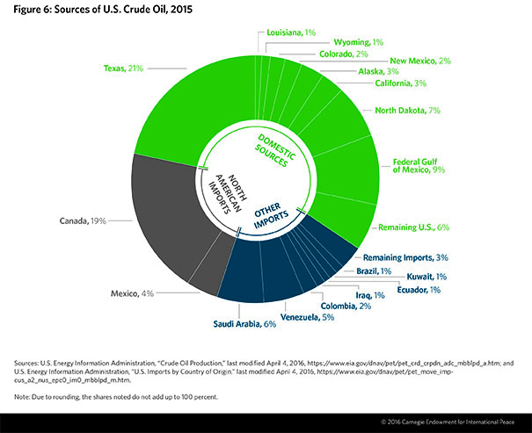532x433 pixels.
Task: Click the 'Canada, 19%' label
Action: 84,221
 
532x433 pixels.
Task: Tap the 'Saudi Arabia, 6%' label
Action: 244,325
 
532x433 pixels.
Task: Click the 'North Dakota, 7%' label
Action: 406,111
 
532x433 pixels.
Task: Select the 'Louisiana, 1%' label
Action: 290,32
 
